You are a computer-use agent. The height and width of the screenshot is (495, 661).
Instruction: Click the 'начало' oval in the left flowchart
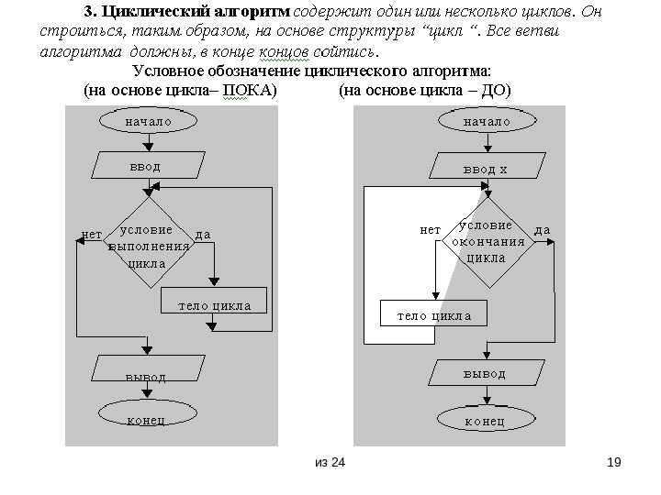(148, 121)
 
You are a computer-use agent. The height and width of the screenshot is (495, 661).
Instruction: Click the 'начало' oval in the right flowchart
(486, 121)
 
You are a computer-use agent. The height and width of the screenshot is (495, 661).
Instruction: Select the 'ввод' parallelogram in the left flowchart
(148, 165)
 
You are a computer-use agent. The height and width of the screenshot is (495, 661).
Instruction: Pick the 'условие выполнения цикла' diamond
(148, 245)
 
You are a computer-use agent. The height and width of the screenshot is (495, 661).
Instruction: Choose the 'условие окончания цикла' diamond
(487, 242)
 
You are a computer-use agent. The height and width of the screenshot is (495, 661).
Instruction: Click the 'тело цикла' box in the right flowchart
(434, 314)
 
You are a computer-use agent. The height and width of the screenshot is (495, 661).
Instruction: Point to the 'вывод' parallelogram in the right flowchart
(485, 373)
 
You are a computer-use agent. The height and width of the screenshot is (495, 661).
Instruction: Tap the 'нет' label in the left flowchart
(91, 235)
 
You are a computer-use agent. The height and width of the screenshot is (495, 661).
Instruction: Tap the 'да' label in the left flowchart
(204, 235)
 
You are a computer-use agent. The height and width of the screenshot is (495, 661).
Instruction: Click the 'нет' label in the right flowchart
(430, 229)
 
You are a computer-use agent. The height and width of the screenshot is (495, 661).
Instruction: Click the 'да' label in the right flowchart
(543, 229)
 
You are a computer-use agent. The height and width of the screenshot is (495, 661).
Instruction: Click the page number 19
(614, 461)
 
